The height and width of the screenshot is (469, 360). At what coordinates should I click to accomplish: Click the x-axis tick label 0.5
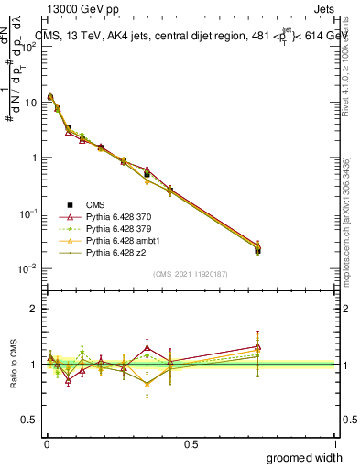191,442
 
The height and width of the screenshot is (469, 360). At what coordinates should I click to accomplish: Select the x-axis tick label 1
335,442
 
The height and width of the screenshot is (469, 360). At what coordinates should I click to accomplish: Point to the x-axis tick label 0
47,442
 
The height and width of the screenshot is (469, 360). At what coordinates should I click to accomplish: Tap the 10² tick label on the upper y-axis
27,47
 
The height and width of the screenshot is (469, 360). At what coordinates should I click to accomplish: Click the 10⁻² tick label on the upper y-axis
27,268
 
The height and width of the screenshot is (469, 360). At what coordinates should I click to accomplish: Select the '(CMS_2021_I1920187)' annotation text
191,273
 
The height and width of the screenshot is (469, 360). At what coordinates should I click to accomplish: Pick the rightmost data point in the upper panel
258,249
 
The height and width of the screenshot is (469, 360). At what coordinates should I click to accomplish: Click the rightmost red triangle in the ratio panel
258,346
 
